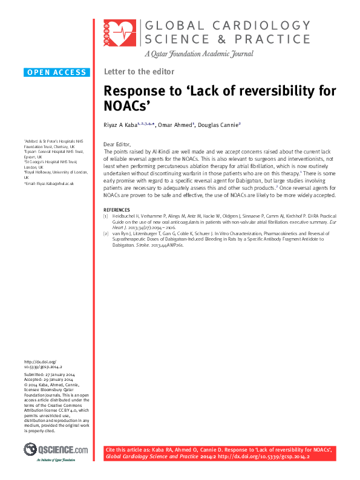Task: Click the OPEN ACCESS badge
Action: (57, 73)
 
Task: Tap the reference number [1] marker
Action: (106, 216)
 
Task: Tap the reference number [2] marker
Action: (106, 234)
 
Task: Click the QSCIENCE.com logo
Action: (56, 450)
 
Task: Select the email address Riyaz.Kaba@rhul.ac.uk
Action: (51, 183)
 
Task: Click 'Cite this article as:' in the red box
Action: (128, 451)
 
